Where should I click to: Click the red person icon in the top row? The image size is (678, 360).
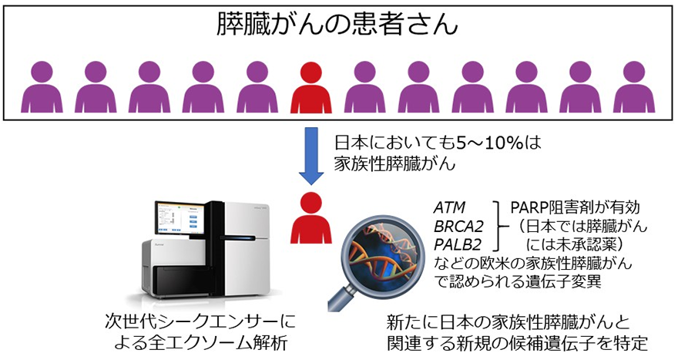click(x=311, y=89)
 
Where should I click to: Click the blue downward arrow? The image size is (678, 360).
click(x=311, y=156)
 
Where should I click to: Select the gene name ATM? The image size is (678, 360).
click(x=450, y=208)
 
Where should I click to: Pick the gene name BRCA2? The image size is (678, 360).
click(x=458, y=227)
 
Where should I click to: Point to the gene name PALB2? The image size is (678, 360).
click(x=458, y=245)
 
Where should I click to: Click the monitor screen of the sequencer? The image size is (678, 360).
click(x=180, y=217)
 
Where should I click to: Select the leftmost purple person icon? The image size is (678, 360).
click(x=42, y=89)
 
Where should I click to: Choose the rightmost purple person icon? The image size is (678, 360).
click(x=634, y=89)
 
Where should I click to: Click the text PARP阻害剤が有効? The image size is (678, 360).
click(x=575, y=207)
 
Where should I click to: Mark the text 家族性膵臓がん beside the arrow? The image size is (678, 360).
click(x=394, y=164)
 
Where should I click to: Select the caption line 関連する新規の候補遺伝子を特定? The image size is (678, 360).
click(x=517, y=344)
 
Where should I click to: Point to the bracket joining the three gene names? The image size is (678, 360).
click(x=497, y=226)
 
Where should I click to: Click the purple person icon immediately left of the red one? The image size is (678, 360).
click(x=257, y=89)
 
